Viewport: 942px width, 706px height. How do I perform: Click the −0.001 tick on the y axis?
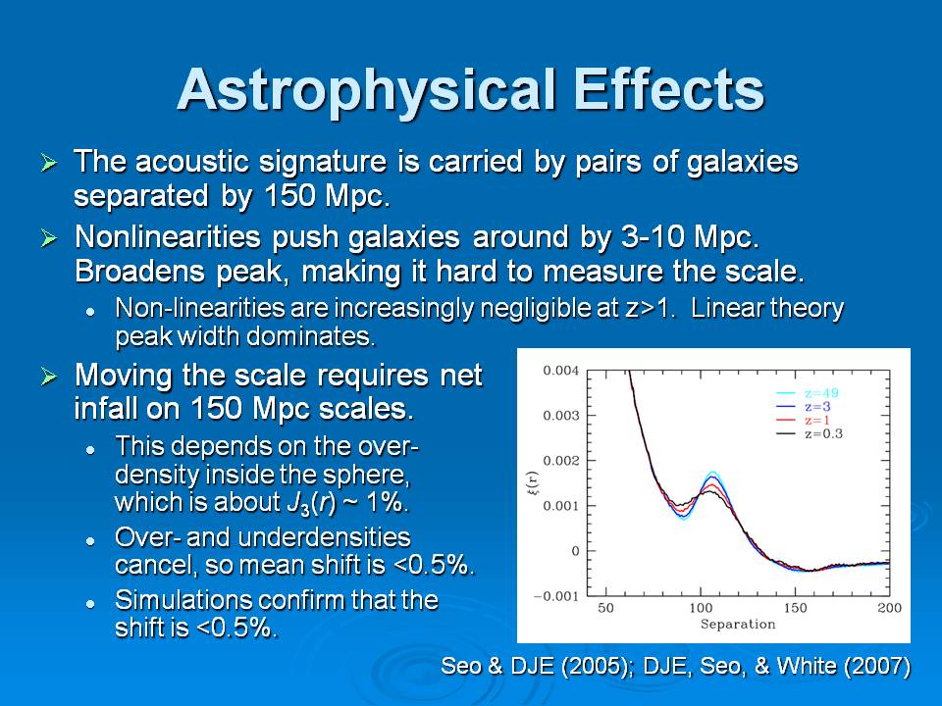[x=555, y=596]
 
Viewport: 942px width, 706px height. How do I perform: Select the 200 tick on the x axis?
[x=889, y=609]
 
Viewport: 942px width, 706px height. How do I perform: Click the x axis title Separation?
[x=737, y=625]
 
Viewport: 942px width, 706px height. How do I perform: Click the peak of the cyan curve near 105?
[x=711, y=473]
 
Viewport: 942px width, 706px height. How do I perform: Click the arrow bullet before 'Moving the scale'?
[x=49, y=378]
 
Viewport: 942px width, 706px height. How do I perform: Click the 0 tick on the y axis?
[x=576, y=551]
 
